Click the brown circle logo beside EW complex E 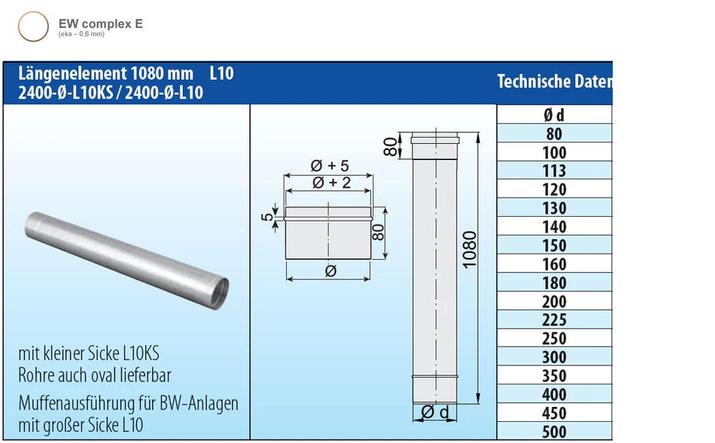tap(33, 27)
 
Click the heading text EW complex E tap(101, 24)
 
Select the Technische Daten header tap(554, 81)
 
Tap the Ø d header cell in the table tap(554, 114)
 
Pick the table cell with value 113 tap(554, 170)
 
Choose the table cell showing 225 tap(554, 320)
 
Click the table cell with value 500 tap(554, 431)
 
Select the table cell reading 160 tap(554, 264)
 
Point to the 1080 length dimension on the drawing tap(470, 249)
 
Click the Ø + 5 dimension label tap(329, 166)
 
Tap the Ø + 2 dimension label tap(329, 182)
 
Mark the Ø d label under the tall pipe tap(435, 412)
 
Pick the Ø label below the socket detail tap(329, 271)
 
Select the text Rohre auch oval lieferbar tap(95, 375)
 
